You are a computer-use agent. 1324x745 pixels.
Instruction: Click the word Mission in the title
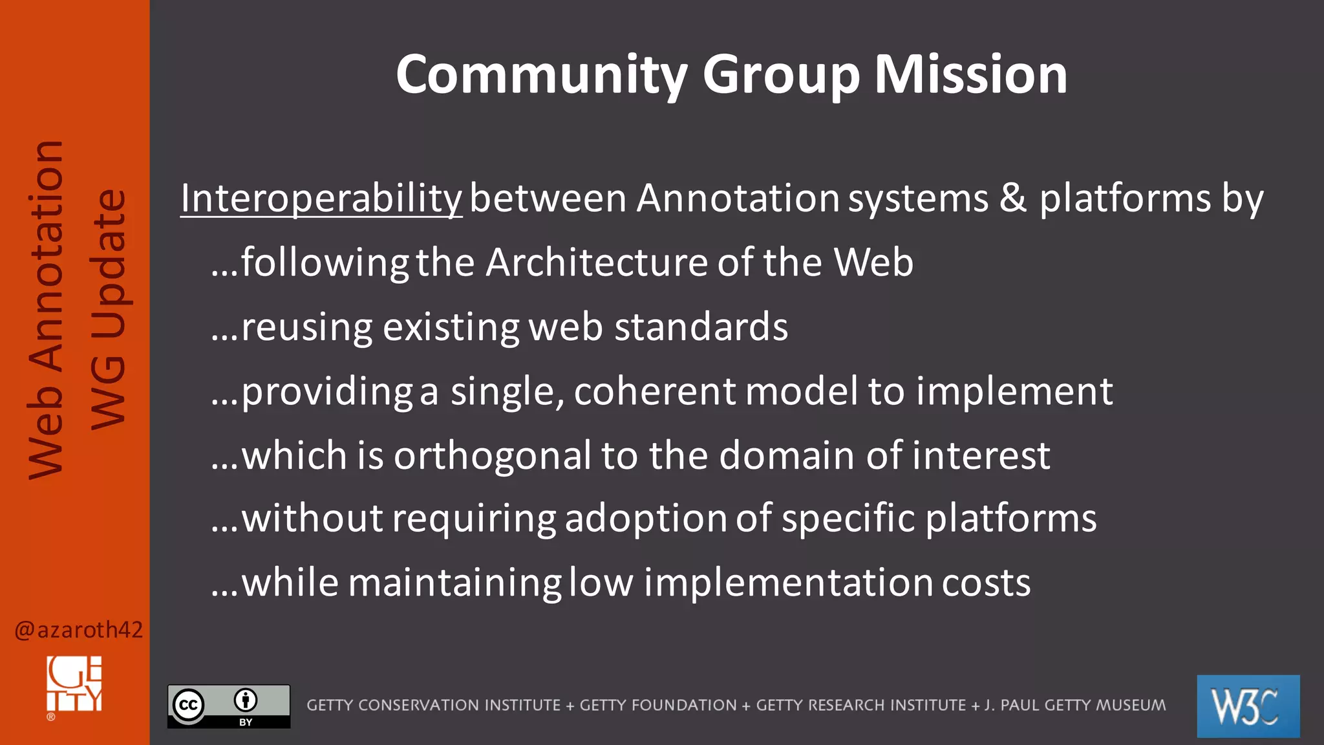970,75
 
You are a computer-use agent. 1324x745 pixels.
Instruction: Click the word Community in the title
542,75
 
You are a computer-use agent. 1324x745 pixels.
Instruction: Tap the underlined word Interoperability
321,198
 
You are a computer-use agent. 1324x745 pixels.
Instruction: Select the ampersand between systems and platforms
1013,198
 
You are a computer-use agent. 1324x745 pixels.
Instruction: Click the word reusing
306,327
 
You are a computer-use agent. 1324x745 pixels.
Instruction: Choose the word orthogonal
493,455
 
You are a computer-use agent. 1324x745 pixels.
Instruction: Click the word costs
986,583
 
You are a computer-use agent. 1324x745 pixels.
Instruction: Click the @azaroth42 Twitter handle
78,629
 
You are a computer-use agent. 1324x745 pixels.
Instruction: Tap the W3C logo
1248,706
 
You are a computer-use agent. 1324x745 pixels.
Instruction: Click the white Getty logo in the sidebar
74,686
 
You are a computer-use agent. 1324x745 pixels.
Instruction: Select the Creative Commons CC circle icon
188,704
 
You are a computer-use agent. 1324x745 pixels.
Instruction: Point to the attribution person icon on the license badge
246,700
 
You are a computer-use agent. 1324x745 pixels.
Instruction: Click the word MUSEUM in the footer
1127,705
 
